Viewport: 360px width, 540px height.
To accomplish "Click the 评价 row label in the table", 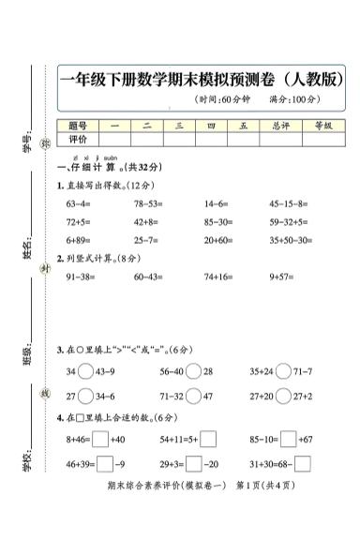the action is (78, 139).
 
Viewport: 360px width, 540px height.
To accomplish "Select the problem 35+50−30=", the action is (291, 240).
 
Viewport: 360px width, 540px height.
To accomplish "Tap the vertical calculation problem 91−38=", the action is (81, 277).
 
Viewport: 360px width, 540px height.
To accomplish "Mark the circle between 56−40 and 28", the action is (193, 372).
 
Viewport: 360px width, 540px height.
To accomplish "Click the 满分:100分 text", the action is (293, 99).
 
